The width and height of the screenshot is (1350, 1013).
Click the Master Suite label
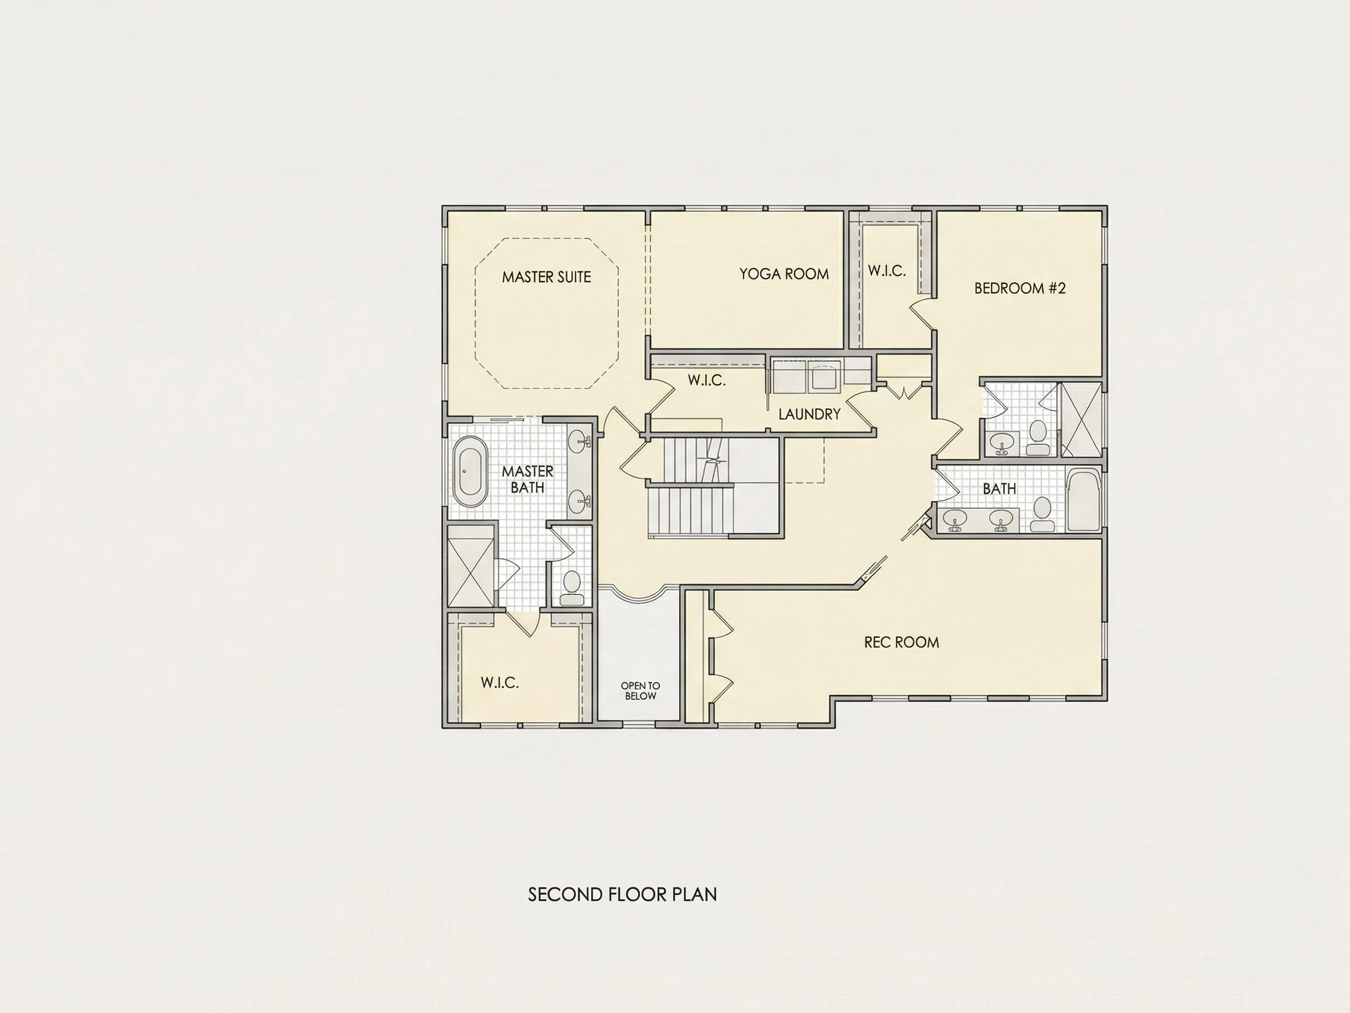546,277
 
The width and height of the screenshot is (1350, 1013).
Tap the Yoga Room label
784,274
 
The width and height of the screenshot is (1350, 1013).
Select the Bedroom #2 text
1020,288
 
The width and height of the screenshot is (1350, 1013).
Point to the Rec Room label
901,642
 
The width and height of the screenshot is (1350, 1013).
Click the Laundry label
809,414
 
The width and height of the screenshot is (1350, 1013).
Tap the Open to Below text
640,691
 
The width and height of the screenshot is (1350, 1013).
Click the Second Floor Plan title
622,895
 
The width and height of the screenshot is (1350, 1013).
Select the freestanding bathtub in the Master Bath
470,471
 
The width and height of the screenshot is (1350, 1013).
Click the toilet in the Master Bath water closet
572,587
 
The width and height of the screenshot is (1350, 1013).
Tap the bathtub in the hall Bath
1084,500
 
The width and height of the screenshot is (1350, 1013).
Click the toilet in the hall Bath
1041,514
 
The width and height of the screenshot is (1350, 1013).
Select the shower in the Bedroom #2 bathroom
1080,420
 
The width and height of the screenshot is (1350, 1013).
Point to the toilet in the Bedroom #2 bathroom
1038,438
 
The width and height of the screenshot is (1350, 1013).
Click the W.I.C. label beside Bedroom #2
887,270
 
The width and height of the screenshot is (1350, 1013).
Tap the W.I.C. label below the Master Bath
500,682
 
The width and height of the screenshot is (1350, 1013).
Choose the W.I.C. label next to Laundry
707,380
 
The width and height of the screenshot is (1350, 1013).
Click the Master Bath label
527,480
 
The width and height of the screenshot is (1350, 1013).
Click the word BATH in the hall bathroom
999,488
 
